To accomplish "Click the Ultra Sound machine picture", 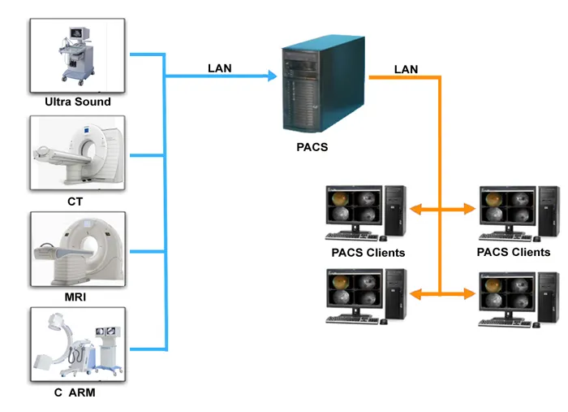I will point(77,54).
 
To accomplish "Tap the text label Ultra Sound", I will point(78,102).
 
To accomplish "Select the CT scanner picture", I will point(77,152).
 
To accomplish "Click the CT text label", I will point(75,200).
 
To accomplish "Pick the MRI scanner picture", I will point(77,249).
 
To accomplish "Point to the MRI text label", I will point(75,297).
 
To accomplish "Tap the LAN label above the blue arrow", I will point(220,67).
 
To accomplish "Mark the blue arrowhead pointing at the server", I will point(269,77).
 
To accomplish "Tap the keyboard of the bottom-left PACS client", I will point(355,319).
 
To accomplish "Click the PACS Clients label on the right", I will point(514,252).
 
